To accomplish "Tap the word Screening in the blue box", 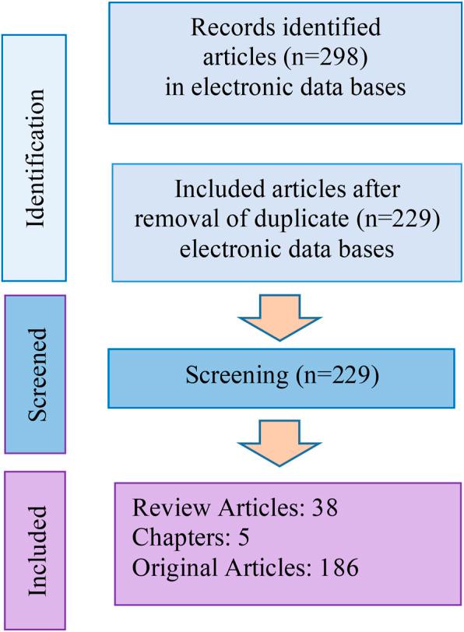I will (x=235, y=376).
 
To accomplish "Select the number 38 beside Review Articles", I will (x=322, y=511).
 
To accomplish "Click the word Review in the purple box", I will (x=159, y=511).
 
